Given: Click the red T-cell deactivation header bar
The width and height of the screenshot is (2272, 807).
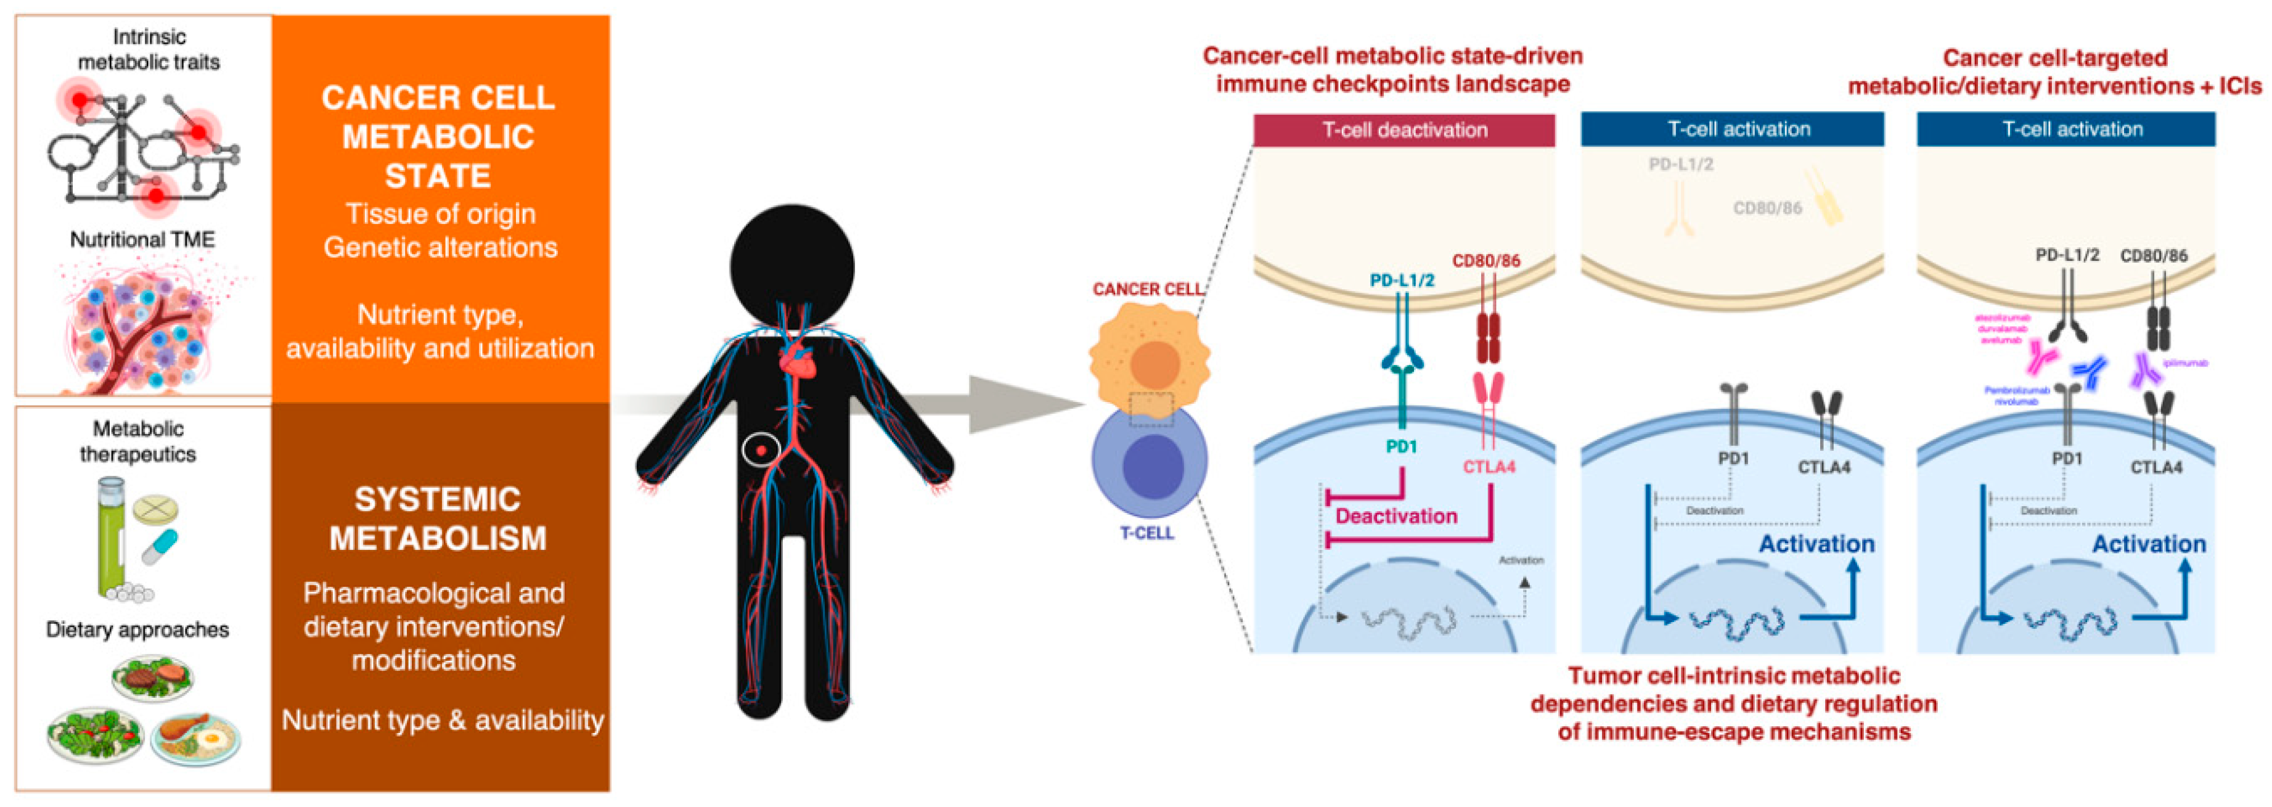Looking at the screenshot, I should [x=1404, y=129].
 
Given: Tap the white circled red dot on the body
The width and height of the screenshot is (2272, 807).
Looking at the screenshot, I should [x=760, y=450].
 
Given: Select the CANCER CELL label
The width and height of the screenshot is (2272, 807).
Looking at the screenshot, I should [x=1146, y=289].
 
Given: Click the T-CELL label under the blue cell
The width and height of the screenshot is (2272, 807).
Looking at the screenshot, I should [x=1146, y=533].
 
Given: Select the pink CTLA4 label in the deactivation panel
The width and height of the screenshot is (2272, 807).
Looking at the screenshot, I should [x=1489, y=467].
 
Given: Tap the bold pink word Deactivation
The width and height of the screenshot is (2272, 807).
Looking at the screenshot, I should [x=1396, y=516].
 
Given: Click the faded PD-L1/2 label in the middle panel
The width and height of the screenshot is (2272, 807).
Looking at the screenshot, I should [x=1681, y=164].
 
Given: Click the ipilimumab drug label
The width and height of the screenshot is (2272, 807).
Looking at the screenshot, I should [x=2186, y=363].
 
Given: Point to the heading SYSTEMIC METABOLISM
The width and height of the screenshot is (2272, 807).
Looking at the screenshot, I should [x=438, y=518].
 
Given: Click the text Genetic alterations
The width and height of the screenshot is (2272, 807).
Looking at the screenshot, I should [x=440, y=247].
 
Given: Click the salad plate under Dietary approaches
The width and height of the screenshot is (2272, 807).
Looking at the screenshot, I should [x=94, y=734].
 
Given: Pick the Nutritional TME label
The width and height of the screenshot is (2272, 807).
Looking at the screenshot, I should [x=143, y=240].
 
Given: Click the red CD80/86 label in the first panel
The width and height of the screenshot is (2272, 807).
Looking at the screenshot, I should [x=1486, y=261].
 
